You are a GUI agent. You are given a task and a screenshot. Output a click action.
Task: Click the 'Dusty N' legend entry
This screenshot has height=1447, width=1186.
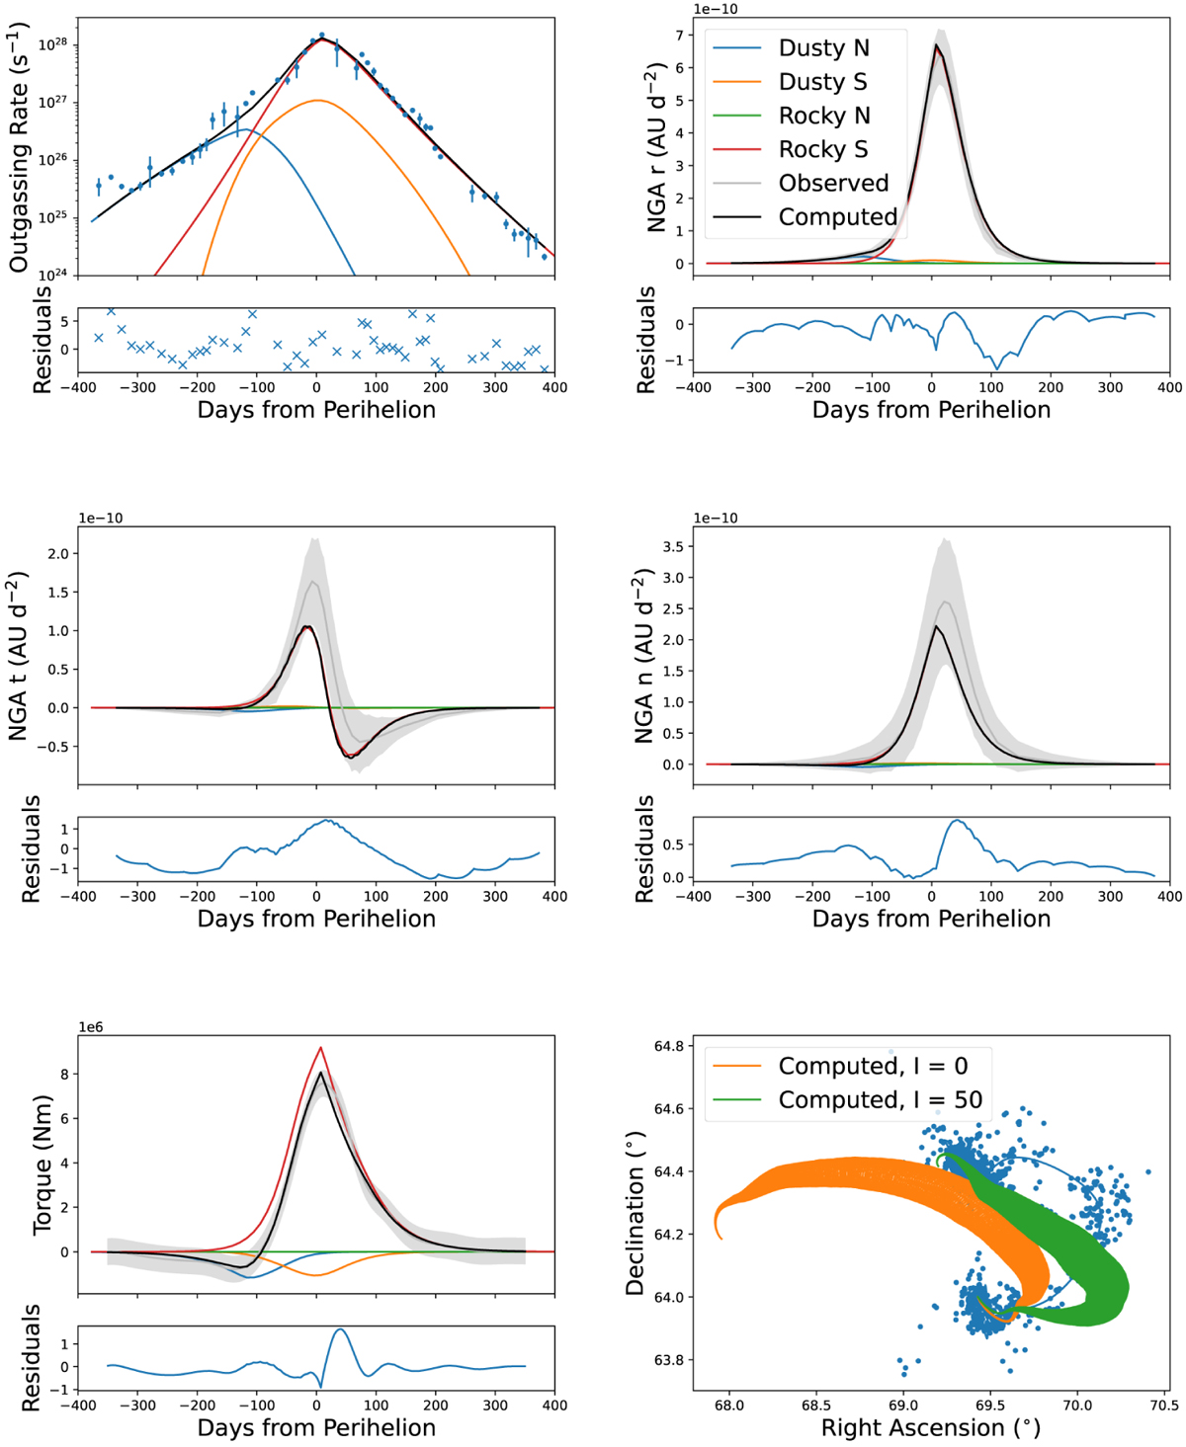(823, 47)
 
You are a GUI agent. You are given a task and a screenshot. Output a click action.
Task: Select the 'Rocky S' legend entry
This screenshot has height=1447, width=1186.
(823, 149)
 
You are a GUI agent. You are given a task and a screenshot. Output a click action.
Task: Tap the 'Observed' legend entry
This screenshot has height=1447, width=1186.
(833, 183)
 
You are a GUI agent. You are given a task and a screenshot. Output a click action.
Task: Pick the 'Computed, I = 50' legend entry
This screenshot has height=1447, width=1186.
(880, 1099)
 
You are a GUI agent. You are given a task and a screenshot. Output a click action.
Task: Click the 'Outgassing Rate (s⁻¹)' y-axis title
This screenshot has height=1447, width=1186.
(18, 148)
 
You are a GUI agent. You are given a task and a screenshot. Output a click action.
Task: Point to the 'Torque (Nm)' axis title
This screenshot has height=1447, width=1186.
(42, 1164)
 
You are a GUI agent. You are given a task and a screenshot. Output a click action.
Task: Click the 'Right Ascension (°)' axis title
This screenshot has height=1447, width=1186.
(930, 1427)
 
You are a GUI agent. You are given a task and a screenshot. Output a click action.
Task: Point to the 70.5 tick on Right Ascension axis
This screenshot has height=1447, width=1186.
(1163, 1406)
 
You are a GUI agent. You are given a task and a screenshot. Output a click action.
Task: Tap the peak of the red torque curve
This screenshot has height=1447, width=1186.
(320, 1048)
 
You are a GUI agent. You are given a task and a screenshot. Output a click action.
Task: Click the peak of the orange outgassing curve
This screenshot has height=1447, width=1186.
(317, 100)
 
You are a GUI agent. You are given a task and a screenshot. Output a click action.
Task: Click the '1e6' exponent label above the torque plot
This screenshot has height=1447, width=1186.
(90, 1027)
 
